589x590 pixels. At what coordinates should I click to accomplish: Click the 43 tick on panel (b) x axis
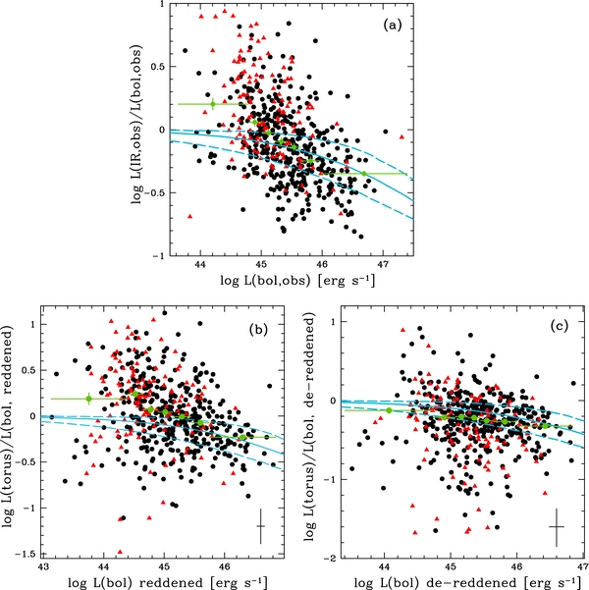tap(43, 566)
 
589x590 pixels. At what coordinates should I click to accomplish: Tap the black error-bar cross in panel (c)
tap(556, 527)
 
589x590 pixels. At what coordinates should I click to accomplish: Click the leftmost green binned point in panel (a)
tap(212, 103)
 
